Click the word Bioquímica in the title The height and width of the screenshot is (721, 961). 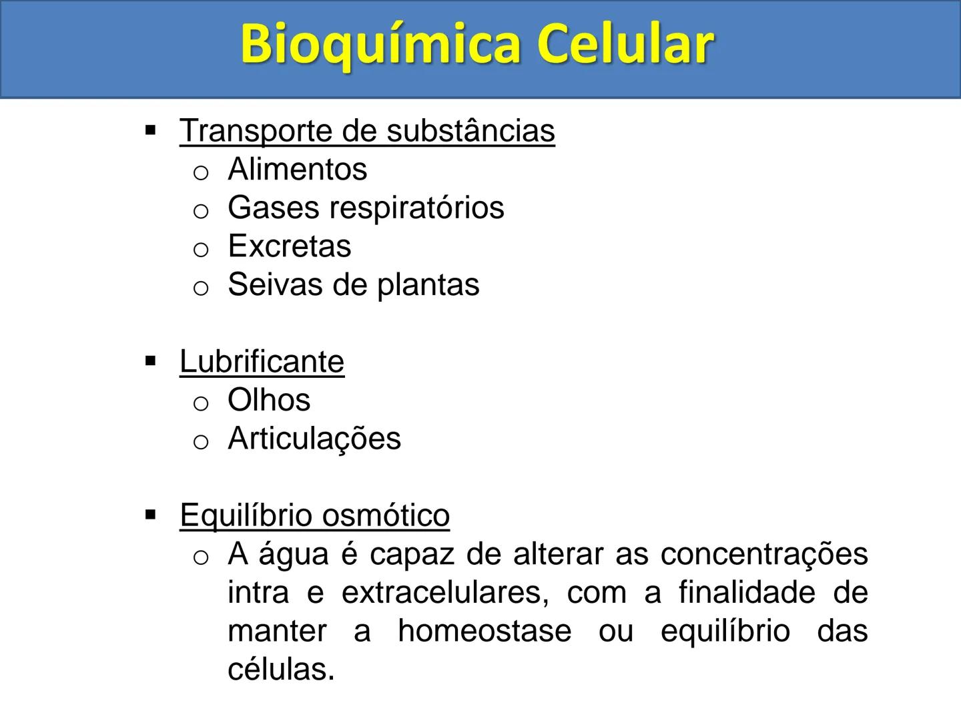(x=380, y=45)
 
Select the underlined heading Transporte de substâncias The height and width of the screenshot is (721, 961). (x=367, y=131)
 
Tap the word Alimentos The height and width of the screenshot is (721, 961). (x=297, y=170)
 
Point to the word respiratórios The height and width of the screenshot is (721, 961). (x=416, y=208)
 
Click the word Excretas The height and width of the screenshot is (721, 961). (x=289, y=246)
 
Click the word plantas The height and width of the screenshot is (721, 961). (x=428, y=286)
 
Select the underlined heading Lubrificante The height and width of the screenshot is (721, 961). (x=262, y=362)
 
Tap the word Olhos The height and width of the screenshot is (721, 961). (x=269, y=401)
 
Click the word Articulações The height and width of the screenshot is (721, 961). (x=314, y=439)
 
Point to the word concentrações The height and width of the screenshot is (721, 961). (x=764, y=555)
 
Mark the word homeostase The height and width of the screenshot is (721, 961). (x=485, y=632)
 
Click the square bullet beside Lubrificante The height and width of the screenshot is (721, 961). (x=150, y=362)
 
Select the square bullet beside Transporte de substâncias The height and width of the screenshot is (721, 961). (x=150, y=130)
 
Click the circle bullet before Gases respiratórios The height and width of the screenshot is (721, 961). (x=201, y=211)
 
